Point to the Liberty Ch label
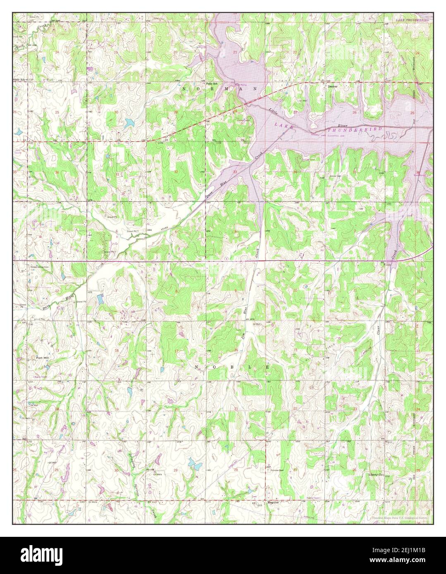[376, 475]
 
